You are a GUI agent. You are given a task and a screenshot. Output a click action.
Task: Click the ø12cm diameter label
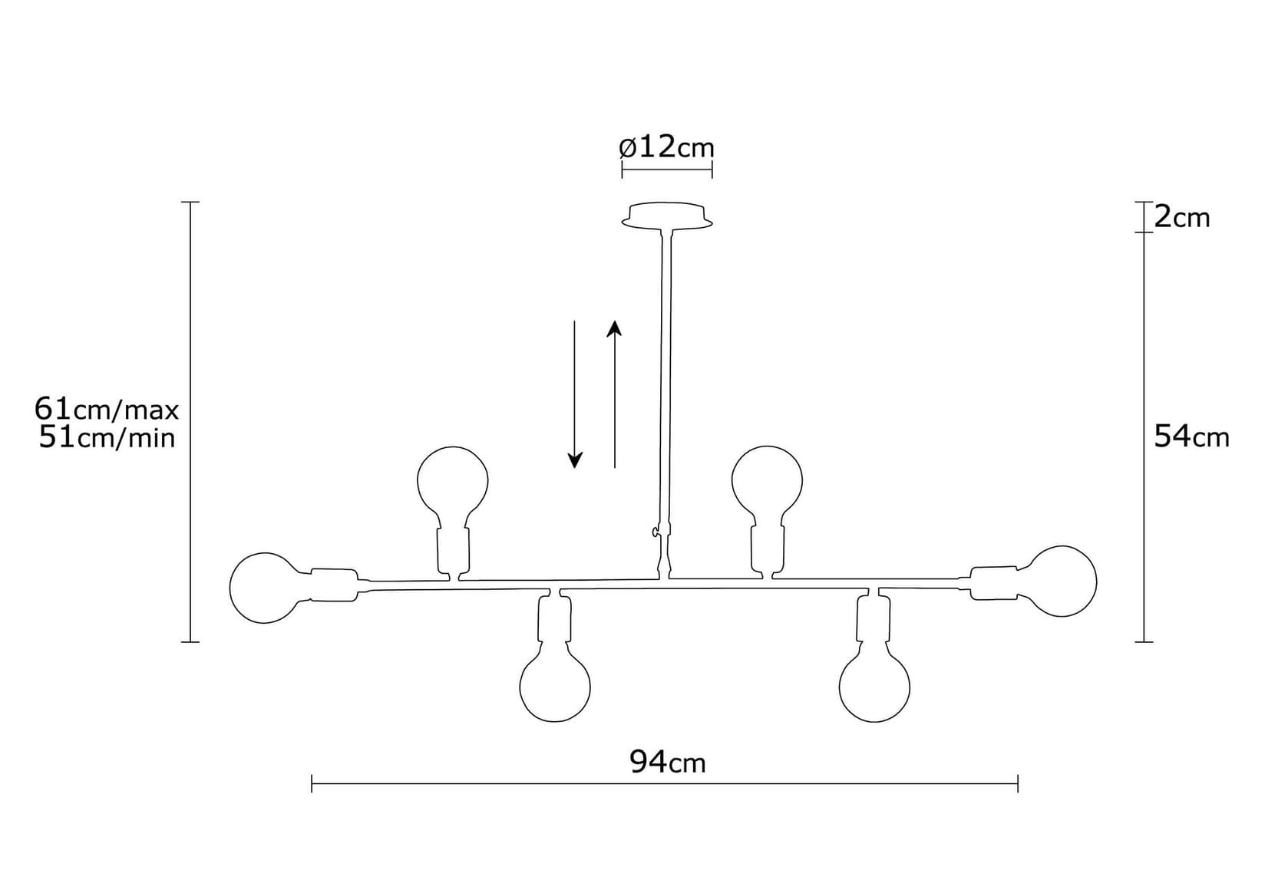666,147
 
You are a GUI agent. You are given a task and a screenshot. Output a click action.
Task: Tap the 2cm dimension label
1182,218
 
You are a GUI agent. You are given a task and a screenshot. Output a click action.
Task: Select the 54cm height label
1191,437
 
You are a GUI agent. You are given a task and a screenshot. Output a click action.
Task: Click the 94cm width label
667,762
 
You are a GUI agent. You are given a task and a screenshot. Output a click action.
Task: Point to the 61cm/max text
107,409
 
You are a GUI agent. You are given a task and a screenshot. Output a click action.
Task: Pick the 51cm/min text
107,438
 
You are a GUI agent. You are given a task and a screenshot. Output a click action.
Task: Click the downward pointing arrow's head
575,460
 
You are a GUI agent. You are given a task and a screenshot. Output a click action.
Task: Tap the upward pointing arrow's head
614,328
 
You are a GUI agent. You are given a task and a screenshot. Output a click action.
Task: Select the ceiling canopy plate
666,216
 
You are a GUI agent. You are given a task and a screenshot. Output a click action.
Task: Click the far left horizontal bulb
263,587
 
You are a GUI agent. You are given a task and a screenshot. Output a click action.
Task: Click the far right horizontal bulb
1063,581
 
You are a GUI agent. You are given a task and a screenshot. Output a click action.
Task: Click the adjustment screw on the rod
654,532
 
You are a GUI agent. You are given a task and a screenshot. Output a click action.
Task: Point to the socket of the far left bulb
334,585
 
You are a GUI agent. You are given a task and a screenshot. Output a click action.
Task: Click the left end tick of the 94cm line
312,783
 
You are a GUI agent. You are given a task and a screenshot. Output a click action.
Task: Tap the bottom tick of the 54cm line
1144,641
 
